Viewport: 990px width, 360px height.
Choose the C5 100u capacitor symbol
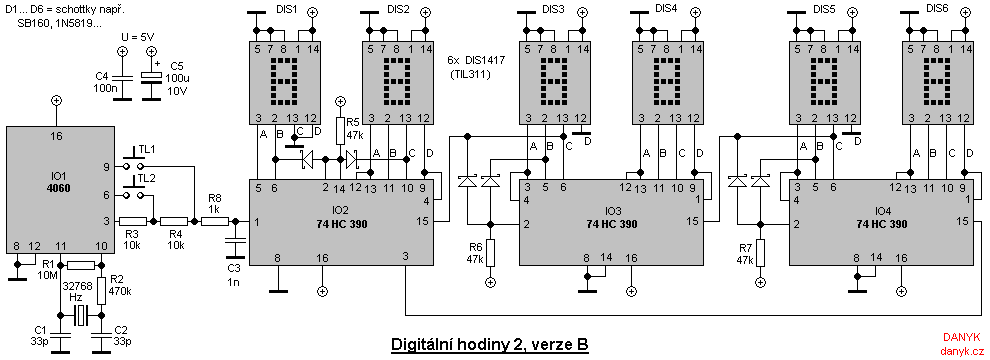[151, 78]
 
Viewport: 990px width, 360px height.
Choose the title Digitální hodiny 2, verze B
[489, 346]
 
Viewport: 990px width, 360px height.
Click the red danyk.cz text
[962, 351]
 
